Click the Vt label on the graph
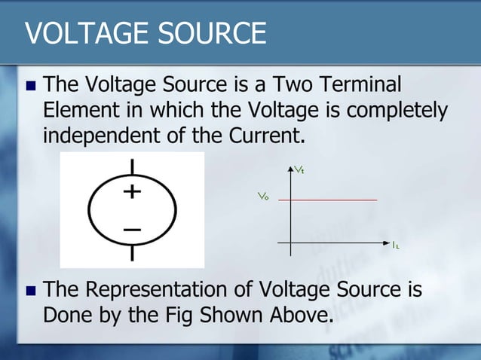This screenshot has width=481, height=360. point(299,171)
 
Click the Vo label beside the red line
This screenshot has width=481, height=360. point(263,197)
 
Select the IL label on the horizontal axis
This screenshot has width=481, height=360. point(396,245)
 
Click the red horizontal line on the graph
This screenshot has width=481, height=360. point(332,200)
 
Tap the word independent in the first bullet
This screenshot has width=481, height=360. point(95,137)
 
